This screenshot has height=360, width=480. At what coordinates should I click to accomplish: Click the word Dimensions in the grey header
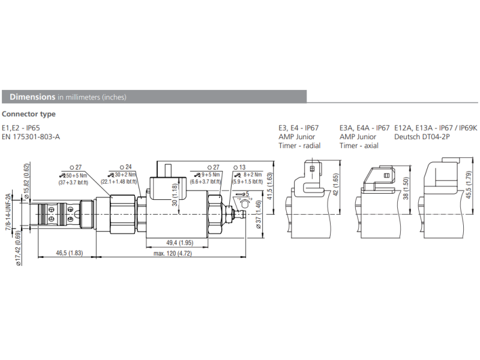[x=32, y=97]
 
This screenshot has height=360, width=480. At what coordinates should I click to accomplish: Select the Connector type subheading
[x=29, y=114]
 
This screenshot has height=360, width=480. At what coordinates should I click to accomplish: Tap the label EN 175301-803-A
[x=31, y=137]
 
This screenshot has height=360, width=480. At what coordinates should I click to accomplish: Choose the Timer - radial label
[x=299, y=146]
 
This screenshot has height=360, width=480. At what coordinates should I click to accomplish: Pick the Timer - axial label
[x=359, y=146]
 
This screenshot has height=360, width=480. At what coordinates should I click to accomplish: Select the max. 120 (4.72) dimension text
[x=172, y=253]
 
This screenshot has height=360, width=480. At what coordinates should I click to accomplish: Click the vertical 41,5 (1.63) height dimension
[x=270, y=186]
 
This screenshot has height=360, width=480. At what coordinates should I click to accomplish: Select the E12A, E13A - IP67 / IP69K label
[x=435, y=128]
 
